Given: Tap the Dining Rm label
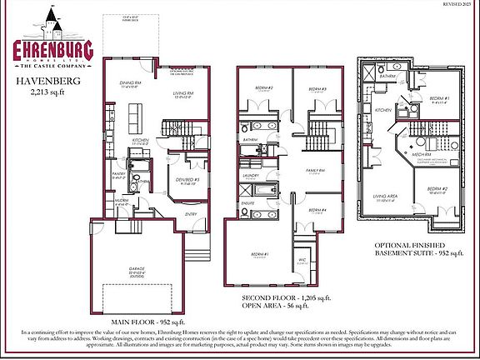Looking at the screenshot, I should (x=132, y=83).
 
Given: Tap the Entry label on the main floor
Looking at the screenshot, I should (x=190, y=213).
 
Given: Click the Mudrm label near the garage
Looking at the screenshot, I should (x=122, y=202).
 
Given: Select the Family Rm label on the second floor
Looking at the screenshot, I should (x=313, y=170).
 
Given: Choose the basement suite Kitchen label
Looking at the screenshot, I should (x=382, y=109).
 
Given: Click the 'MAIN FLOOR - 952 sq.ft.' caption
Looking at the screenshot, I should (x=149, y=320).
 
